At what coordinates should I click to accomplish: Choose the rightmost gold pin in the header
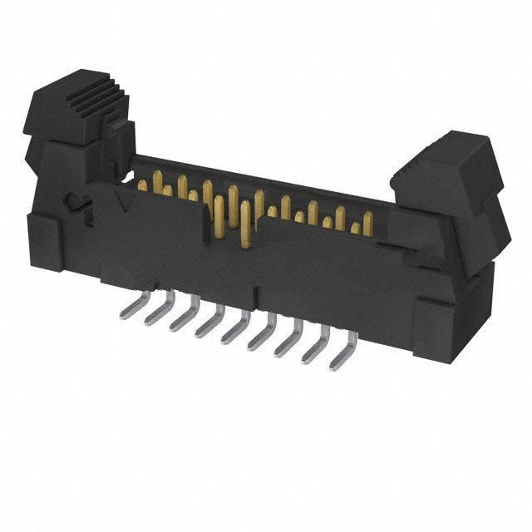tap(367, 221)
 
